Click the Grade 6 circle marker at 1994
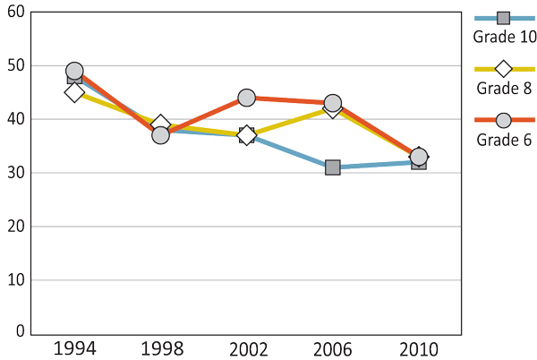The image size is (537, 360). point(74,71)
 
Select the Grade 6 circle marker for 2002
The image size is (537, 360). point(246,98)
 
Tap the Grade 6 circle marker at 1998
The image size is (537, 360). point(160,135)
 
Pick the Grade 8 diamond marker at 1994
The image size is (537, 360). point(74,92)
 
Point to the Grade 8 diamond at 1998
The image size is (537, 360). point(160,124)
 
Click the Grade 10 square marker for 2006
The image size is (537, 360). point(332,167)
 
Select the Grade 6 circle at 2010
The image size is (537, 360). point(418,157)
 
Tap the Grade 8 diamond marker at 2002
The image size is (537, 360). point(246,135)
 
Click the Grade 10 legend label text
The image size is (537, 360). point(505,37)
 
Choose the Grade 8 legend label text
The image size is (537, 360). point(504,88)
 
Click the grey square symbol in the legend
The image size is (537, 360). point(503,18)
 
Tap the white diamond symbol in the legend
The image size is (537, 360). point(503,68)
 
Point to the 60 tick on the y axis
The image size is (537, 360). point(16,12)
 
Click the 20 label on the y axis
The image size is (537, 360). point(16,226)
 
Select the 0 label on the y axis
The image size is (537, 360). point(20,331)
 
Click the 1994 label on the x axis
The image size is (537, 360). point(74,347)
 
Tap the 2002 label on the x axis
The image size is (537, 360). point(246,347)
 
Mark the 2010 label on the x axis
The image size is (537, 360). point(418,347)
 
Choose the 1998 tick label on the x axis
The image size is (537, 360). point(160,347)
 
